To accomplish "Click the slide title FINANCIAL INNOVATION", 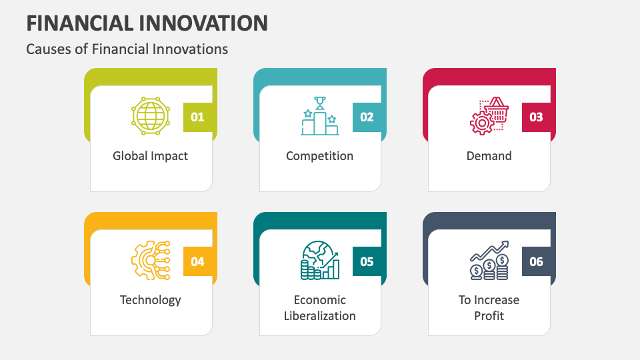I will click(x=147, y=23).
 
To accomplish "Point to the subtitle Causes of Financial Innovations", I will click(x=127, y=49).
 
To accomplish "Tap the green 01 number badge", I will click(x=197, y=117).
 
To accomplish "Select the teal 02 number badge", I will click(x=367, y=117).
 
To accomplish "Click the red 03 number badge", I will click(x=536, y=117).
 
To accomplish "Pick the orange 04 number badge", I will click(x=197, y=261).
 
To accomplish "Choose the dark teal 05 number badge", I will click(x=367, y=261).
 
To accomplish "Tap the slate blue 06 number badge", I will click(x=536, y=261).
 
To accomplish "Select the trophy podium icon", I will click(x=320, y=116).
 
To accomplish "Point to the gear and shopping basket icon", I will click(x=489, y=116).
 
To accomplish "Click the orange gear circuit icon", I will click(x=151, y=260).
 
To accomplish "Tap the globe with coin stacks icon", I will click(x=320, y=260).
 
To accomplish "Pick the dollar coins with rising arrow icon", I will click(x=489, y=260).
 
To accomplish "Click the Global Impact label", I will click(x=151, y=156).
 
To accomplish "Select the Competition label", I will click(x=320, y=156).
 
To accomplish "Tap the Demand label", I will click(x=489, y=156).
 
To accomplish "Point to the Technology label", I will click(x=151, y=300).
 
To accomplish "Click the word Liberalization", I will click(x=320, y=316).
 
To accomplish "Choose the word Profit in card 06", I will click(x=489, y=316).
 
